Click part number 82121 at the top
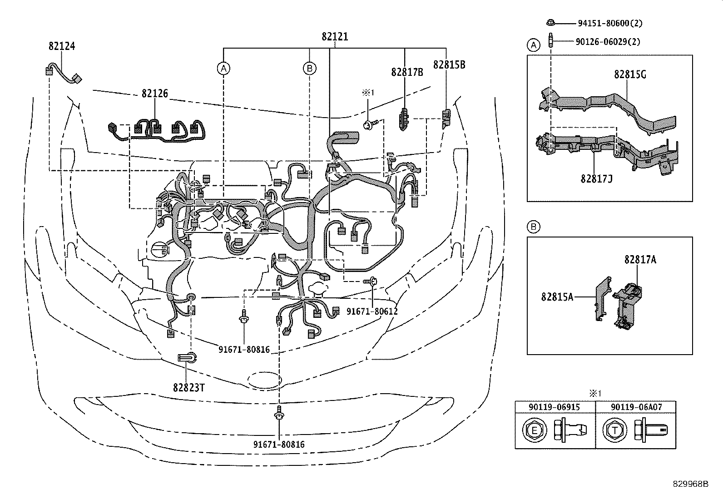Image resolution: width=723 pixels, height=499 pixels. [x=335, y=37]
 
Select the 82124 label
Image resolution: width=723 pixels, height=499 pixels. [x=62, y=46]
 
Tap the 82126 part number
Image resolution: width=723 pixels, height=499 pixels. [x=155, y=94]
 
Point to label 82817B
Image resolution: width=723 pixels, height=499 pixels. [x=407, y=72]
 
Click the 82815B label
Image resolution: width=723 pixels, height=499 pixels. [x=449, y=64]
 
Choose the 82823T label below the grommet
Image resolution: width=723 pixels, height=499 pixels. [x=188, y=387]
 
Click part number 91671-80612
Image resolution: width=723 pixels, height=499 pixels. [x=372, y=311]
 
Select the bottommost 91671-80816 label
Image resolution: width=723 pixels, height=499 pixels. [x=279, y=445]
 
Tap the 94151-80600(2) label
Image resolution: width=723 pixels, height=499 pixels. [x=610, y=23]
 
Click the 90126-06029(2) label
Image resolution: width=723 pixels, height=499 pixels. [x=608, y=41]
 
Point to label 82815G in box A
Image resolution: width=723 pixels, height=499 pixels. [x=630, y=74]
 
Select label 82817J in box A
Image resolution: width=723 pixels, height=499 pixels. [x=596, y=178]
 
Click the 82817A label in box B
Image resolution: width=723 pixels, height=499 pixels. [x=640, y=259]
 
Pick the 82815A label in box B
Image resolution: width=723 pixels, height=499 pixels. [x=557, y=296]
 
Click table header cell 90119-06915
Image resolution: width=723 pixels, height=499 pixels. [x=555, y=407]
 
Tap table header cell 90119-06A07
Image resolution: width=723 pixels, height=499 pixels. [x=635, y=407]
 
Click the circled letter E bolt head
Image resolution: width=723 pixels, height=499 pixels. [x=534, y=430]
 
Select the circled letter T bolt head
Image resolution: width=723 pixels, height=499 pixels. [x=615, y=430]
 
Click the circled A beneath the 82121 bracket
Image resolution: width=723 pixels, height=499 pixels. [x=223, y=69]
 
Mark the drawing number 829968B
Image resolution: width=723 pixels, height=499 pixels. [x=690, y=484]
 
